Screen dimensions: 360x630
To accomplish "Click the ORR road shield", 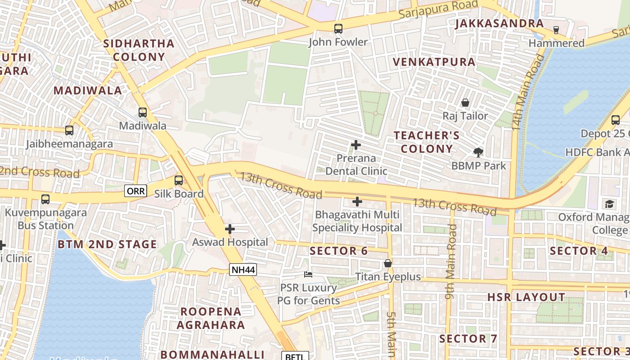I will (136, 191).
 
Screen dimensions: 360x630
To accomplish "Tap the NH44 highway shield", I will (243, 270).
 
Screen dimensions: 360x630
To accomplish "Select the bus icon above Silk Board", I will (179, 180).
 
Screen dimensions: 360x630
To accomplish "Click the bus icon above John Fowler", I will (338, 29).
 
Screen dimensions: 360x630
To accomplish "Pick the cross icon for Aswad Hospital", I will (230, 229).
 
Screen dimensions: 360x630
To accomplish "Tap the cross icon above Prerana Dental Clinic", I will (356, 145).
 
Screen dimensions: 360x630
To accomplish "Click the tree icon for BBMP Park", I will (478, 152).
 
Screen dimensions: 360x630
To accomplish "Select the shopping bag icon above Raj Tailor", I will (465, 103).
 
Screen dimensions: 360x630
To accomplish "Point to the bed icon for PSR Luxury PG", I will (308, 274).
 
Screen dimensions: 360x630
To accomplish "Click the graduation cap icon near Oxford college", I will (609, 204).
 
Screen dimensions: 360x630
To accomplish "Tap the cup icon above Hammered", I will (556, 30).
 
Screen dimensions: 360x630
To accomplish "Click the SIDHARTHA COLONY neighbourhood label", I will (139, 50).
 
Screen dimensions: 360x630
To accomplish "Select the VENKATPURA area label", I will (434, 62).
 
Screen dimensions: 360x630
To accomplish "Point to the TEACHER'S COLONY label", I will (427, 142).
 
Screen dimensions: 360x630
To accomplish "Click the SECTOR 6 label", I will (339, 251).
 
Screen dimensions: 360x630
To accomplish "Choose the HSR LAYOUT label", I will (526, 297).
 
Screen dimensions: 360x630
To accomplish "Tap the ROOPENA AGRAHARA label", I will (211, 318).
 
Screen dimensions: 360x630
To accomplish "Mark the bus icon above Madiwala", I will (143, 112).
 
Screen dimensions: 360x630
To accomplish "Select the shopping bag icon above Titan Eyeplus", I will (388, 263).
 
